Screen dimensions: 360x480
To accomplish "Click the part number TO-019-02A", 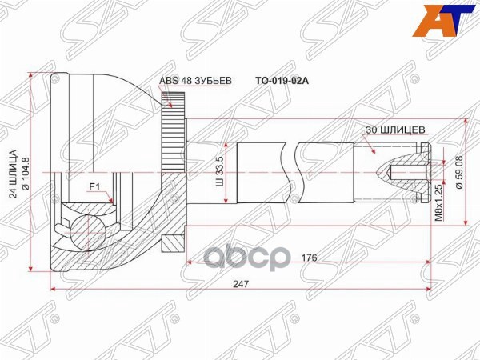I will point(279,81).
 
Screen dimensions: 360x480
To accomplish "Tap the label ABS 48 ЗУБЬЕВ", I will point(195,81).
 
